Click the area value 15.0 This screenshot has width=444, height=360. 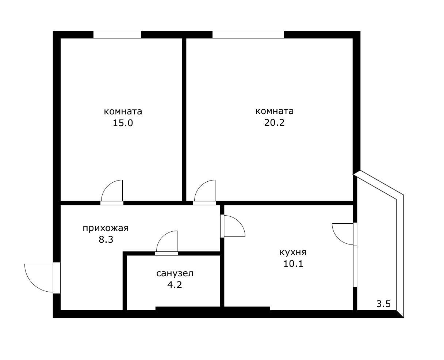coord(123,123)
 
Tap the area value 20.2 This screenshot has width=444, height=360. coord(274,122)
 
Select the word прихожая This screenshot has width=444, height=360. coord(106,228)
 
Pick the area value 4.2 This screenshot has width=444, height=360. coord(175,285)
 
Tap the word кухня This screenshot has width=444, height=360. coord(293,252)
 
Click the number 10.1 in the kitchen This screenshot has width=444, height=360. coord(293,264)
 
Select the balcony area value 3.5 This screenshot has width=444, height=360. coord(384,304)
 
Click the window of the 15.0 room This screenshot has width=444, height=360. coord(117,35)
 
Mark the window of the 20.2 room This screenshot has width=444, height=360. coord(248,35)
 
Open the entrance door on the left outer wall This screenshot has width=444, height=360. coord(57,278)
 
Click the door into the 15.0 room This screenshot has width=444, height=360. coord(112,203)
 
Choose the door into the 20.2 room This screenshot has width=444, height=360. coord(204,203)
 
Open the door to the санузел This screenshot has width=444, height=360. coord(167,253)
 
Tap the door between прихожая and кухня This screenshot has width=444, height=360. coord(222,226)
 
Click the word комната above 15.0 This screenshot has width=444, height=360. coord(123,111)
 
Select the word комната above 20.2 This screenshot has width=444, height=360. coord(274,111)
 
